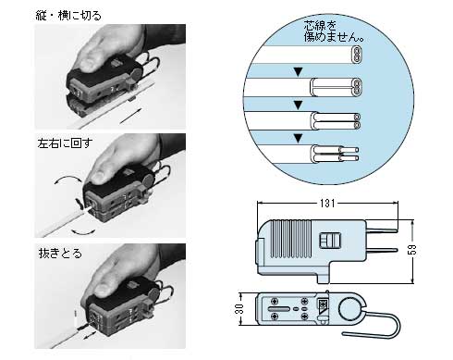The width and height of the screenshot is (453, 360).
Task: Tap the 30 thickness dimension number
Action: (239, 307)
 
